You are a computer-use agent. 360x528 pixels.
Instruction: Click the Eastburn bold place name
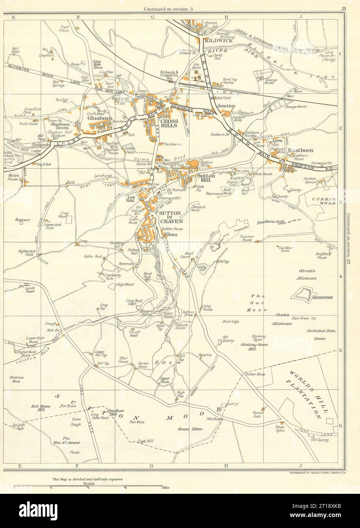(x=300, y=150)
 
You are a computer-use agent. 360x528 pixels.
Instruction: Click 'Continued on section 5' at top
(x=168, y=8)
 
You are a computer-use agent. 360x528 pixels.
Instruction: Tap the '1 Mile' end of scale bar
(x=165, y=487)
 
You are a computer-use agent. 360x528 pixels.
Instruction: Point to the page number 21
(x=344, y=8)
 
